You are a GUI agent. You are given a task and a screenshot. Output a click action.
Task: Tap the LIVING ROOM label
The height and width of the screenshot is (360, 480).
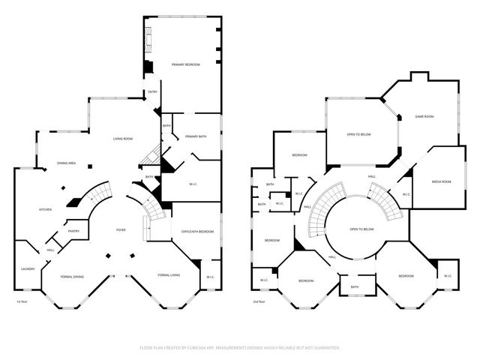tap(123, 139)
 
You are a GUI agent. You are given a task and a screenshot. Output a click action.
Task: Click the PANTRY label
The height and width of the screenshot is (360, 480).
tap(73, 231)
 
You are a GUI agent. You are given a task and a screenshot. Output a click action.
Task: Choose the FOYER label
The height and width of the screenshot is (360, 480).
tap(120, 229)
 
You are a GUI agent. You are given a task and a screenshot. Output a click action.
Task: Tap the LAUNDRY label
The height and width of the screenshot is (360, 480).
tap(28, 268)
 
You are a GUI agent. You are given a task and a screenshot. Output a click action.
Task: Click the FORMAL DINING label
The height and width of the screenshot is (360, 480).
tap(73, 277)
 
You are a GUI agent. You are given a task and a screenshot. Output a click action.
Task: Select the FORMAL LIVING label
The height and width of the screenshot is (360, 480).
tap(169, 277)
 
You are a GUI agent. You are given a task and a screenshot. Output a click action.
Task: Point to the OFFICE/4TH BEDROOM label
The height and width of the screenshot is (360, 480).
tap(197, 232)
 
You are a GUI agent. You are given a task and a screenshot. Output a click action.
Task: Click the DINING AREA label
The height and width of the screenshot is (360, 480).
tap(67, 163)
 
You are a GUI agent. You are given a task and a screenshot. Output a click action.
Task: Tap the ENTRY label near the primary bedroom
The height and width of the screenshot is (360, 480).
tap(152, 92)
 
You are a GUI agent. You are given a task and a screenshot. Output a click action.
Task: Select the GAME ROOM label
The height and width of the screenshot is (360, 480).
tap(424, 116)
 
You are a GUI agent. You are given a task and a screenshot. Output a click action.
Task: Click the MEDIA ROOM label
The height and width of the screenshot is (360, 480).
tap(441, 181)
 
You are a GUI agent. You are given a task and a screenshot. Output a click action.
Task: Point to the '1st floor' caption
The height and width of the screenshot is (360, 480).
tap(23, 301)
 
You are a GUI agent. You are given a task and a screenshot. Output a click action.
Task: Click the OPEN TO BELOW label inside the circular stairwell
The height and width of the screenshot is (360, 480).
tap(362, 229)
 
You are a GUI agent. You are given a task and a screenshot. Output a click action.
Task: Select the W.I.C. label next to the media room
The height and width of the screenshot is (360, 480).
tap(406, 194)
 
